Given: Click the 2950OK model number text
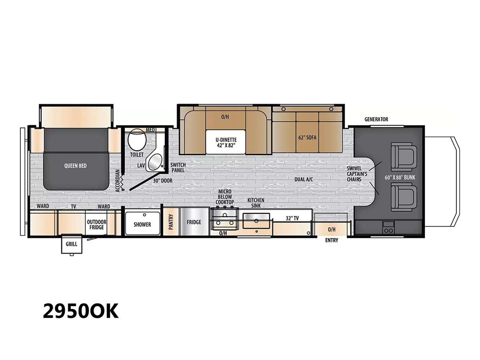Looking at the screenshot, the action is coord(81,311).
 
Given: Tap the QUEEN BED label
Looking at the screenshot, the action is coord(75,166).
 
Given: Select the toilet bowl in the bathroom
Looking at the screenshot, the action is coord(137,140).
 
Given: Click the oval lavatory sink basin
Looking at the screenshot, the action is coord(155,162).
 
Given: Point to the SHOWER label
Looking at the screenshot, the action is coord(142,224).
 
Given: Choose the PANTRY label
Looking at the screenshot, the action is coord(171,222).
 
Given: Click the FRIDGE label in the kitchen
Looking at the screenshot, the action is coord(194,222).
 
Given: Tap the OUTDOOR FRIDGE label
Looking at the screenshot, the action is coord(96,224).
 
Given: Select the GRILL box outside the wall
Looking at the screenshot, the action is coord(72,244).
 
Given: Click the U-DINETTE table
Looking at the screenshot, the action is coord(225,142).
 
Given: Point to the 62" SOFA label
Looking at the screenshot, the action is coord(307,138).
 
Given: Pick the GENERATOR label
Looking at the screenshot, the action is coord(376,119).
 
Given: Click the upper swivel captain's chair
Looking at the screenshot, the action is coord(404,156).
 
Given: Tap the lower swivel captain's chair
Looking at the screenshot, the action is coord(404,197).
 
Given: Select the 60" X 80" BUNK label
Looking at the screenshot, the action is coord(400,178).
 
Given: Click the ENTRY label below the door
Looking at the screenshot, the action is coord(332,240).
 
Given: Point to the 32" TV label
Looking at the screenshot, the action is coord(292,218).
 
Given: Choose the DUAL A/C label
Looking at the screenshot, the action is coord(304,180).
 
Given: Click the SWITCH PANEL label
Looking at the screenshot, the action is coord(178,168).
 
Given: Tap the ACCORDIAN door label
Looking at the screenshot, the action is coord(118,181).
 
